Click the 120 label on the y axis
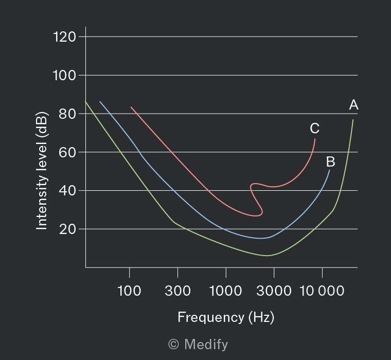64,37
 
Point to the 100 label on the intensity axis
64,75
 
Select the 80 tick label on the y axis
67,114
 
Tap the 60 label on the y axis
67,152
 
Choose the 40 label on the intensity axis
67,191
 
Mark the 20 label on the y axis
67,229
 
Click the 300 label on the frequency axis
177,291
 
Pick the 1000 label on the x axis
225,291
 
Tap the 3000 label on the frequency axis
274,291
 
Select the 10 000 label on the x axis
322,291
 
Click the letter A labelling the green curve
353,105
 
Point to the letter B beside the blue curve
331,161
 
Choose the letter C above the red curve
314,128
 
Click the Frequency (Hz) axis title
226,317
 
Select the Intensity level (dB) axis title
42,171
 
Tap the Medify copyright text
198,344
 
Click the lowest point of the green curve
267,256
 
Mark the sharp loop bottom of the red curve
256,215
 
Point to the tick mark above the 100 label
130,273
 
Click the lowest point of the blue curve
261,238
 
